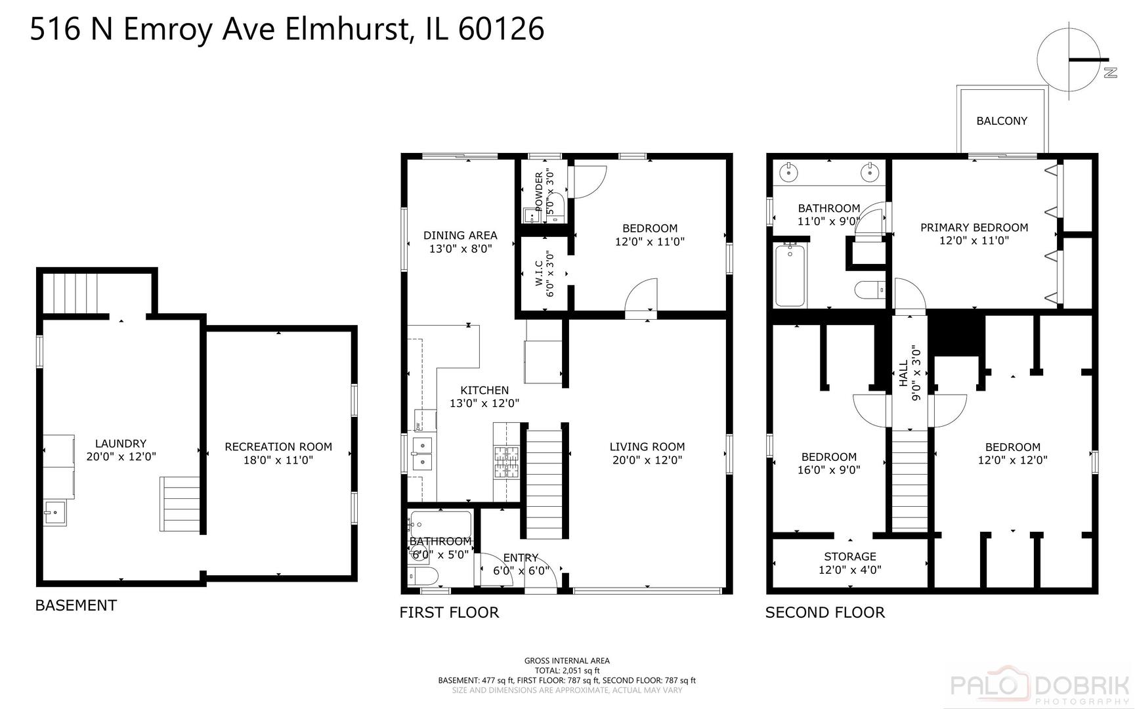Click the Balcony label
(x=1001, y=121)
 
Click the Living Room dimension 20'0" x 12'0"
(x=647, y=460)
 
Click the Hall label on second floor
(x=904, y=373)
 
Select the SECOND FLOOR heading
(x=824, y=612)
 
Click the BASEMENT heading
(x=76, y=605)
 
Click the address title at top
(x=287, y=30)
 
